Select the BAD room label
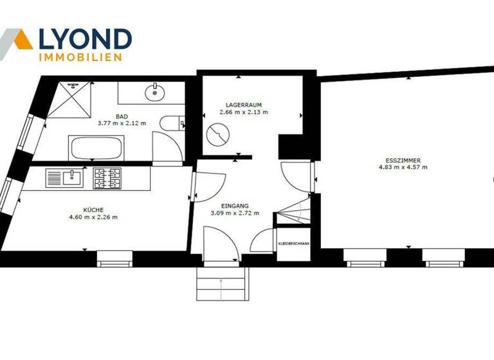tap(122, 116)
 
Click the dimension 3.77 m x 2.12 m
tap(122, 123)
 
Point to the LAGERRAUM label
tap(243, 104)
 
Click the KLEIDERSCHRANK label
tap(293, 244)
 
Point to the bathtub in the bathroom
tap(96, 148)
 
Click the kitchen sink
tap(64, 177)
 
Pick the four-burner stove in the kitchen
tap(107, 177)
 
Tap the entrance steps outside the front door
tap(221, 283)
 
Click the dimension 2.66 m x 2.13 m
tap(243, 111)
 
